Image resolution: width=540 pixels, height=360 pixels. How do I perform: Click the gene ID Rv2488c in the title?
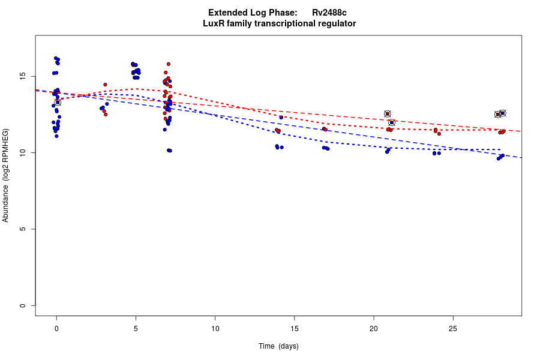329,13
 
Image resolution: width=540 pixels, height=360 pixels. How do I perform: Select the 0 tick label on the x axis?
56,328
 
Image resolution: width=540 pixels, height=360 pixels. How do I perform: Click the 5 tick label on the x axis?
136,328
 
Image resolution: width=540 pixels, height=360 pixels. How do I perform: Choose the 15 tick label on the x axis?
294,328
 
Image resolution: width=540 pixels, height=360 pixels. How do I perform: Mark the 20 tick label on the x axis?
374,328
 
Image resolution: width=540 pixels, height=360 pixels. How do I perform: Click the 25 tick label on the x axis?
453,328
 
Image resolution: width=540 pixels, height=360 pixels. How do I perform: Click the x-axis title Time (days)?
278,346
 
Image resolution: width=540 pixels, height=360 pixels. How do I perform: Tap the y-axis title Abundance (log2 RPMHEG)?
6,175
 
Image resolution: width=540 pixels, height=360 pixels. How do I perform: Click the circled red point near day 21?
388,114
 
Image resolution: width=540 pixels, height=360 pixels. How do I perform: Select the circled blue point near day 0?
58,103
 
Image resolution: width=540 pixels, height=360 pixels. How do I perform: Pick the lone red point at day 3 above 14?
105,85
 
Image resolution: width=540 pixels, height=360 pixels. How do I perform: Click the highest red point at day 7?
169,64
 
